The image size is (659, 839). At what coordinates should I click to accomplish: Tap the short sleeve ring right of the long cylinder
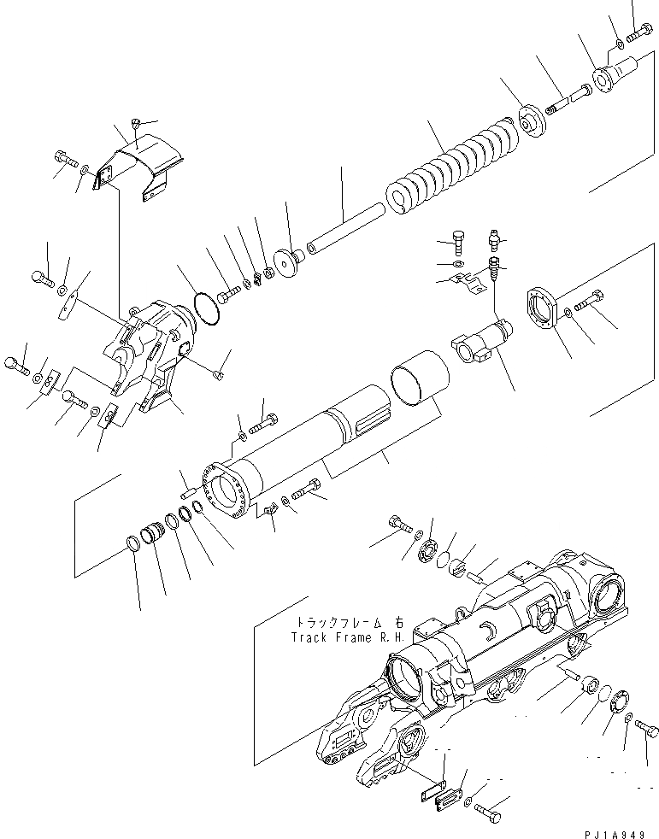[419, 382]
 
